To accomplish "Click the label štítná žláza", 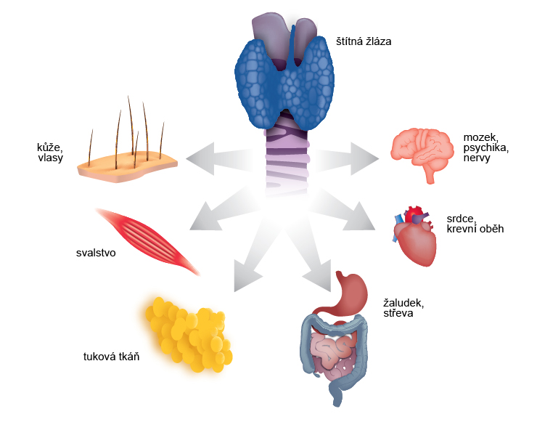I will (364, 41).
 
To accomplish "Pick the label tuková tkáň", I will (111, 357).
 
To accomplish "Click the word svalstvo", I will (96, 253).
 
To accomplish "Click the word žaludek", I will (403, 303).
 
